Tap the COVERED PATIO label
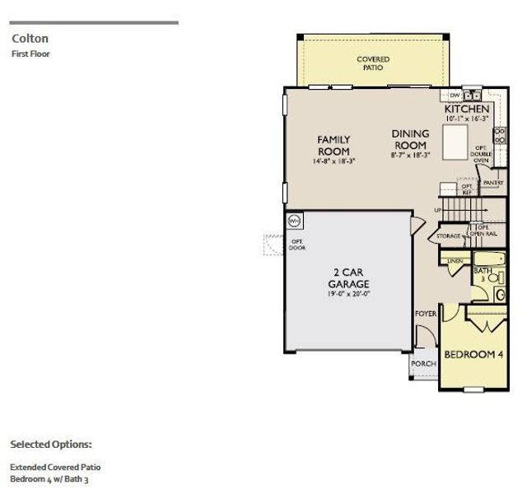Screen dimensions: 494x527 (x=373, y=63)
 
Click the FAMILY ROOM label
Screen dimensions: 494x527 (x=333, y=146)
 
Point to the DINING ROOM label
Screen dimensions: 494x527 (x=409, y=139)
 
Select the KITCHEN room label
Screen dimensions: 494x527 (x=467, y=109)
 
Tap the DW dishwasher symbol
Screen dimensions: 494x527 (x=455, y=95)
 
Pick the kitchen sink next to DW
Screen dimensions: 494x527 (x=471, y=95)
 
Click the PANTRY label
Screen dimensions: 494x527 (x=493, y=183)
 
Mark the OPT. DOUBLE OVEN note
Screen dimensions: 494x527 (x=481, y=154)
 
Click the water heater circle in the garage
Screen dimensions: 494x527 (x=294, y=221)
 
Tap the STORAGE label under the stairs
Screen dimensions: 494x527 (x=449, y=236)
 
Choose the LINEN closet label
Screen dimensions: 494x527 (x=455, y=261)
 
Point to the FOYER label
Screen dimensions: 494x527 (x=426, y=314)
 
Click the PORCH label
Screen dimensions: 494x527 (x=424, y=363)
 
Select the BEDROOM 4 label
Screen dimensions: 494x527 (x=473, y=355)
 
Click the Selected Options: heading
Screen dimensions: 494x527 (x=51, y=444)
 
